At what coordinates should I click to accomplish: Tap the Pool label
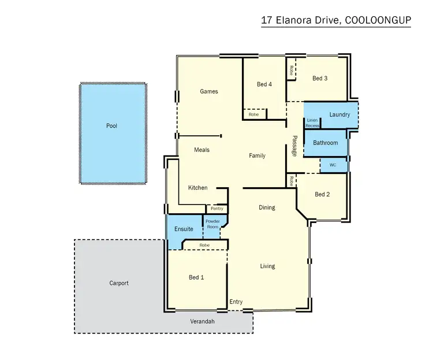coord(111,125)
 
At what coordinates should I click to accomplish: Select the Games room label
coord(208,91)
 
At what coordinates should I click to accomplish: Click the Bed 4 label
coord(264,84)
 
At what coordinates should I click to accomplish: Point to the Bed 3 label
coord(320,78)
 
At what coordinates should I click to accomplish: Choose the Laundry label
coord(339,114)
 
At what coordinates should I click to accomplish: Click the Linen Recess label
coord(312,123)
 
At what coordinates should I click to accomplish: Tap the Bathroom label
coord(325,143)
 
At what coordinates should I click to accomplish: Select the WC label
coord(333,165)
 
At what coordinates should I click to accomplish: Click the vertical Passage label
coord(294,146)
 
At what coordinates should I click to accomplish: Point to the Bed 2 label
coord(322,195)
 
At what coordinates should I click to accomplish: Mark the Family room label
coord(257,155)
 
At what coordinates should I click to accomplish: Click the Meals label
coord(201,150)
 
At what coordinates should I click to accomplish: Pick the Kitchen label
coord(197,188)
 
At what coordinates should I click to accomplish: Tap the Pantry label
coord(217,209)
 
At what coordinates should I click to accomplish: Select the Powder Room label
coord(212,224)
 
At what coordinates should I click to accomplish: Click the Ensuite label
coord(184,229)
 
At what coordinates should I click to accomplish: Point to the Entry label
coord(236,302)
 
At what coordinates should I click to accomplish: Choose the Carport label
coord(118,283)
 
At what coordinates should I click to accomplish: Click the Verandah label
coord(203,321)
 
